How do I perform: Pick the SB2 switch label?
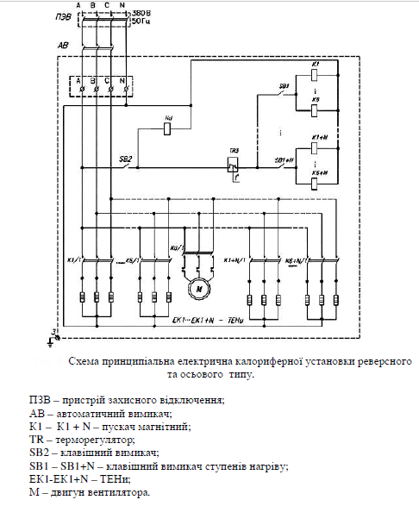click(125, 160)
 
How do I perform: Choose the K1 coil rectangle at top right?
click(316, 76)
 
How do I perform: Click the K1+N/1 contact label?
click(234, 258)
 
